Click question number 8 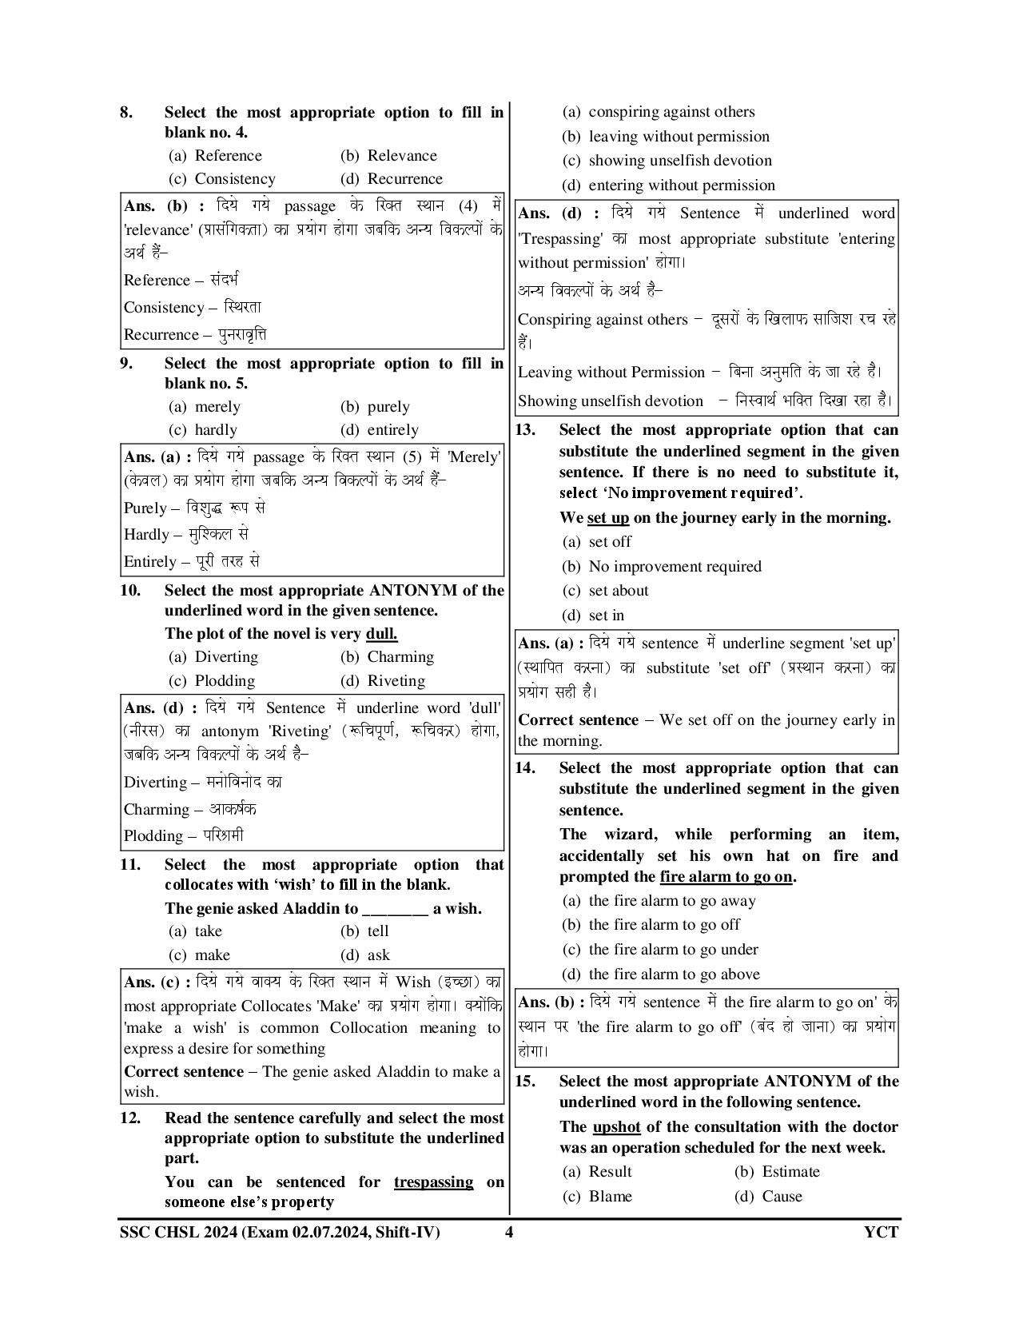pyautogui.click(x=126, y=113)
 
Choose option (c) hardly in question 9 pyautogui.click(x=203, y=430)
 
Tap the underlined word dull pyautogui.click(x=381, y=634)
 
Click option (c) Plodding pyautogui.click(x=212, y=681)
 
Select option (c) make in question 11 pyautogui.click(x=199, y=955)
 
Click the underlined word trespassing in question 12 pyautogui.click(x=433, y=1182)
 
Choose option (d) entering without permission pyautogui.click(x=668, y=185)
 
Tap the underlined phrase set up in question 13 pyautogui.click(x=607, y=518)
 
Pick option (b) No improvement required pyautogui.click(x=662, y=567)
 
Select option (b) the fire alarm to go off pyautogui.click(x=651, y=925)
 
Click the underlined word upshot pyautogui.click(x=616, y=1127)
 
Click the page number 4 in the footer pyautogui.click(x=508, y=1232)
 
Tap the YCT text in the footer pyautogui.click(x=881, y=1232)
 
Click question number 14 pyautogui.click(x=524, y=768)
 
